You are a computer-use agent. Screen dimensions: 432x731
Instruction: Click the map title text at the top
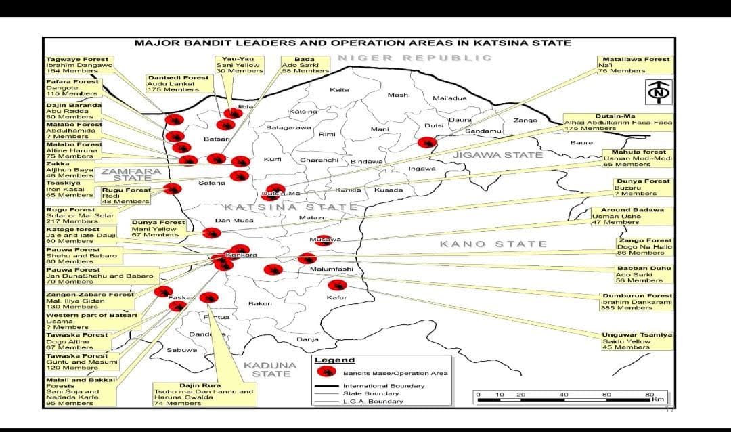(x=353, y=43)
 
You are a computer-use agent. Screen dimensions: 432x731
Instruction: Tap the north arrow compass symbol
(x=657, y=91)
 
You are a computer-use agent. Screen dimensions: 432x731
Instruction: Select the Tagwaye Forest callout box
(x=76, y=65)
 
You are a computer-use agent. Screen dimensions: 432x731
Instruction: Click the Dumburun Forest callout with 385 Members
(x=636, y=302)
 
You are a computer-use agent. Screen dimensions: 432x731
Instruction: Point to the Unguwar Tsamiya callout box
(x=637, y=341)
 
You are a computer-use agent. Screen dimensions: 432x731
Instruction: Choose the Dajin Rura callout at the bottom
(x=204, y=394)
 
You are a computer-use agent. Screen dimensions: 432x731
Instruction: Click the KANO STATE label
(x=493, y=244)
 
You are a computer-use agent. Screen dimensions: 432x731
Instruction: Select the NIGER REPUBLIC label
(x=415, y=58)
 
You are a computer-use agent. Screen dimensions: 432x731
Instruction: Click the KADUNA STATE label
(x=267, y=370)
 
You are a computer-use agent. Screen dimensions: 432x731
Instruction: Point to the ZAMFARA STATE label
(x=132, y=175)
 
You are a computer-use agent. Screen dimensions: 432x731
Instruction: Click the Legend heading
(x=334, y=360)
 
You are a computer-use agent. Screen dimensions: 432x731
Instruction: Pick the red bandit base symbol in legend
(x=327, y=372)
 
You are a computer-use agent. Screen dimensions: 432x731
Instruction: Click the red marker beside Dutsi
(x=426, y=142)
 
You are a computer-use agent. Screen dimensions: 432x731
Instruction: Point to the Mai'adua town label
(x=449, y=98)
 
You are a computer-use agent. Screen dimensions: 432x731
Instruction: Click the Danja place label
(x=307, y=339)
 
